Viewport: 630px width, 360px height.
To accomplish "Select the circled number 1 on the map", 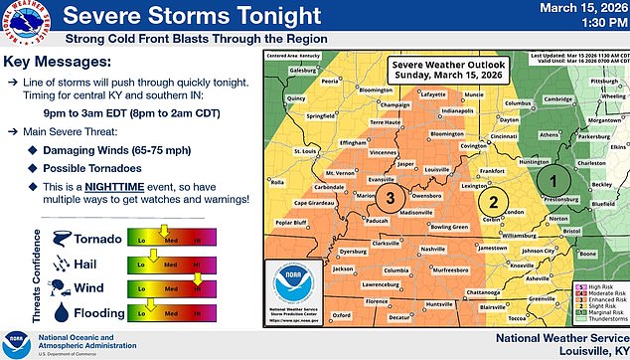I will (x=553, y=181).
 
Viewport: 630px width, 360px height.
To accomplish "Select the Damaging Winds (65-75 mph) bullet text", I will (x=122, y=144).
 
